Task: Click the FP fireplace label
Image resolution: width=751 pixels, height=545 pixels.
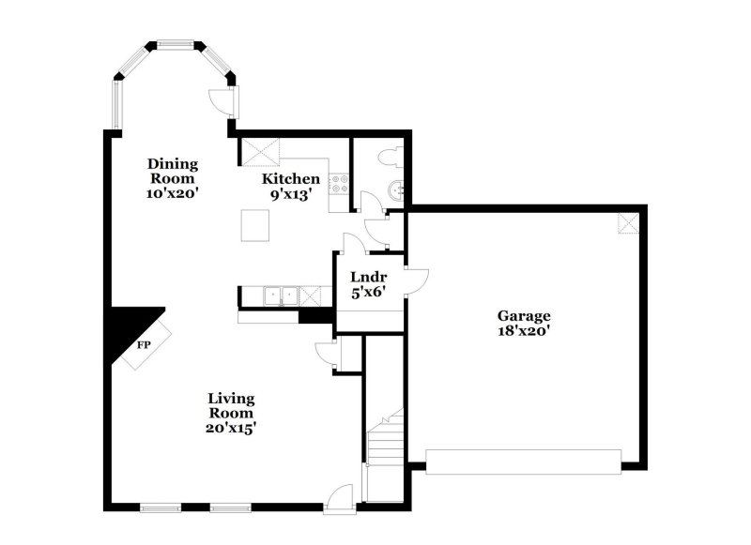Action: point(145,345)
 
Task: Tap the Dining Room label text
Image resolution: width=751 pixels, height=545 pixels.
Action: point(172,172)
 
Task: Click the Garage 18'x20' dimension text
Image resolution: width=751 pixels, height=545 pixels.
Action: point(524,330)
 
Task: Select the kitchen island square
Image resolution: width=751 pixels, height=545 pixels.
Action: point(255,225)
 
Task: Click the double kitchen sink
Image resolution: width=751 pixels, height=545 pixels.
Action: point(280,296)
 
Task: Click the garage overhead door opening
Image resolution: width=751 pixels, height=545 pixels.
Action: point(524,462)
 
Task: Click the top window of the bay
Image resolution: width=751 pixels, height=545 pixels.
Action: point(174,43)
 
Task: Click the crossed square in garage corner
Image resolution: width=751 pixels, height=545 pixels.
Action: point(629,222)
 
